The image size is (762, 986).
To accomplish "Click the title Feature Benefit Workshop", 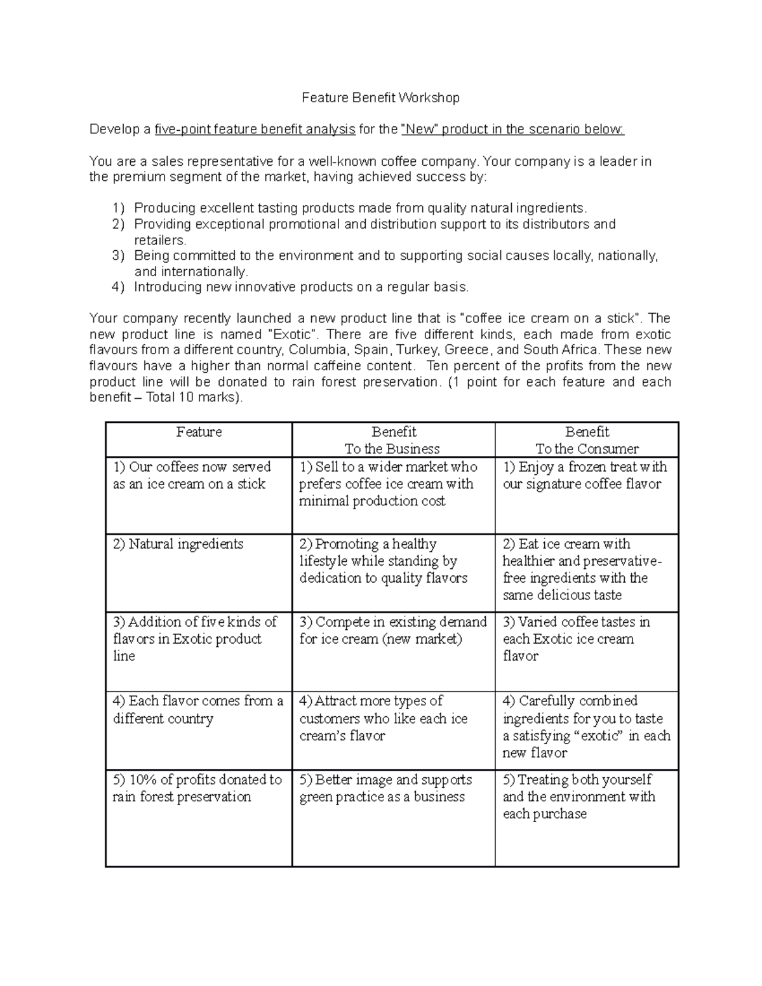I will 380,98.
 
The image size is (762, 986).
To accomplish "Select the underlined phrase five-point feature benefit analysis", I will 255,130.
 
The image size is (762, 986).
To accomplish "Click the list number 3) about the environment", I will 118,256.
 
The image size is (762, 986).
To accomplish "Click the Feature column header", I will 199,432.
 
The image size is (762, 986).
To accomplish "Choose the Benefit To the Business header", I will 392,440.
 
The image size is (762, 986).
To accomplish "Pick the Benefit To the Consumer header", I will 587,440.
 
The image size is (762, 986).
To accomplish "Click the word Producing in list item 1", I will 164,208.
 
